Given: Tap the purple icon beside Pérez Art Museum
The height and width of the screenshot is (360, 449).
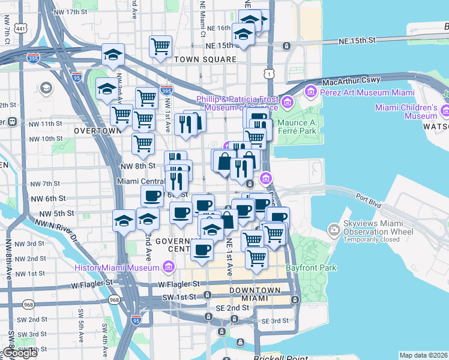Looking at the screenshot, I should (310, 91).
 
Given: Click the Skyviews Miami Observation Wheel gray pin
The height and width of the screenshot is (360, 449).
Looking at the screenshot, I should (334, 230).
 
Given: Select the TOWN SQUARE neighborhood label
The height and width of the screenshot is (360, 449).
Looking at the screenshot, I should (205, 60).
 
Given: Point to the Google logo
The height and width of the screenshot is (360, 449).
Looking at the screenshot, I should (20, 353).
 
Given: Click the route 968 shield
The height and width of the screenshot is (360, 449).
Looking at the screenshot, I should (114, 298).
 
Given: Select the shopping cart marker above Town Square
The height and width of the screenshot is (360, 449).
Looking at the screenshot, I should (160, 46).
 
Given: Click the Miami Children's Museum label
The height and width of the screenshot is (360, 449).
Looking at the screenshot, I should (406, 112).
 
